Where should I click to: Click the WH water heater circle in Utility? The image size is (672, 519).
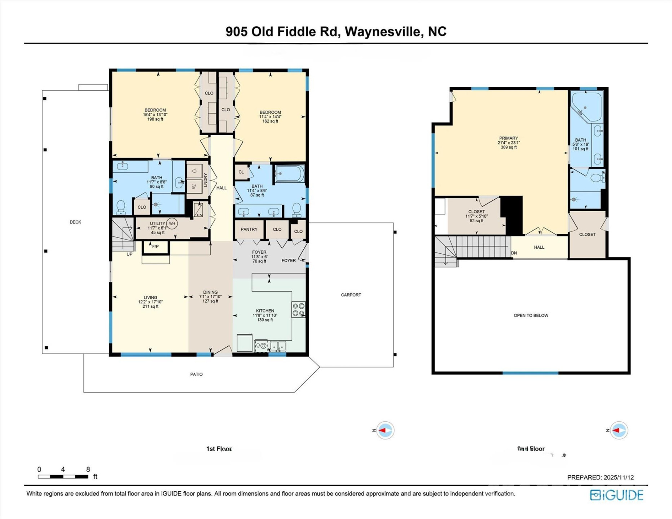tap(172, 223)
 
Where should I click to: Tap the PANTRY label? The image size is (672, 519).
tap(249, 229)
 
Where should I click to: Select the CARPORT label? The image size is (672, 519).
tap(351, 295)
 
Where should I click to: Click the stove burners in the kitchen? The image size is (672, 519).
tap(298, 310)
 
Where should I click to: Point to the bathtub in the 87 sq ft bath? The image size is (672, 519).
tap(290, 174)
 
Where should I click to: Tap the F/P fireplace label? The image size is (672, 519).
tap(155, 247)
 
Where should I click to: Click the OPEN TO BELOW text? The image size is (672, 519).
tap(531, 315)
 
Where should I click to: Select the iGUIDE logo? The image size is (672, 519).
tap(616, 495)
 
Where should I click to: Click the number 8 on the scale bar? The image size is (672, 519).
tap(88, 469)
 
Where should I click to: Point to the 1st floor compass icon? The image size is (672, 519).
tap(385, 430)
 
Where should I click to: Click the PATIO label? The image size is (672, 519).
tap(196, 374)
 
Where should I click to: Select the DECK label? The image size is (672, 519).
tap(75, 222)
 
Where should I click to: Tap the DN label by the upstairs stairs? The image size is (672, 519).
tap(514, 253)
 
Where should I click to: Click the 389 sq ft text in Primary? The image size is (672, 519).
tap(508, 147)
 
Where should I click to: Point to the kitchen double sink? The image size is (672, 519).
tap(278, 346)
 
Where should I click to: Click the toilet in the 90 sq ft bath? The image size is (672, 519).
tap(121, 207)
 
